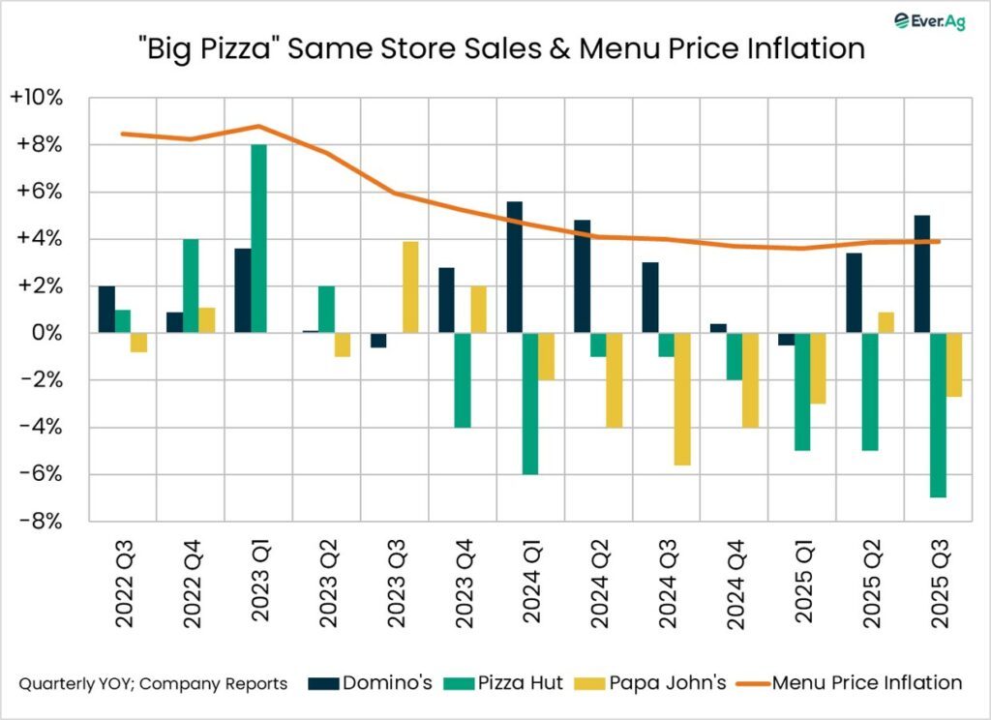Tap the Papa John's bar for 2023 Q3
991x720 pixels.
tap(409, 287)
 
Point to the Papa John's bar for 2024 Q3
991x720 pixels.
tap(681, 399)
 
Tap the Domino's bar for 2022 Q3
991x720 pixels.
tap(106, 310)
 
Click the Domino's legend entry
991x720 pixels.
tap(374, 683)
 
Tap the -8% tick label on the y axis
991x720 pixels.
tap(44, 522)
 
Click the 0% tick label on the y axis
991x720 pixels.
tap(51, 333)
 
